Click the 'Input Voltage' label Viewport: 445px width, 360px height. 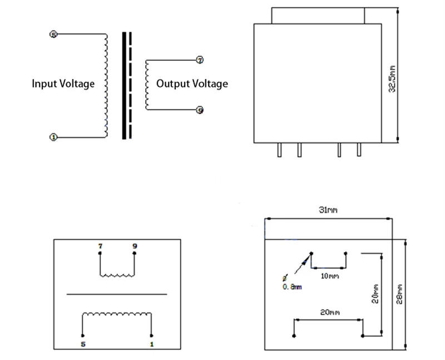click(x=63, y=84)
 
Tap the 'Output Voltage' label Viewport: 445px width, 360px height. click(x=192, y=84)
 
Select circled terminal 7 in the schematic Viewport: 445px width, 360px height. click(x=200, y=60)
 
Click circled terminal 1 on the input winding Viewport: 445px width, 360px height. click(x=53, y=137)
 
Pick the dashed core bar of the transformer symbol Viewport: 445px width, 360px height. click(x=131, y=85)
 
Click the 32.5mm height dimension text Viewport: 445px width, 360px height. click(x=392, y=79)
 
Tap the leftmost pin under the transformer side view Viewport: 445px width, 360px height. click(x=279, y=150)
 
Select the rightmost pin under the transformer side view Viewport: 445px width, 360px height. click(x=359, y=150)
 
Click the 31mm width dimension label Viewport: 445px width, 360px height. click(x=328, y=210)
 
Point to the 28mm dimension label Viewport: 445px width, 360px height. click(x=399, y=294)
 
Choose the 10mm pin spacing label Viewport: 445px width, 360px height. click(x=329, y=276)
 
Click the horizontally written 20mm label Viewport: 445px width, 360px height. click(x=329, y=313)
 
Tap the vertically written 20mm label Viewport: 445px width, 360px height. click(x=375, y=294)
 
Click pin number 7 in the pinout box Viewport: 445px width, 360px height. click(x=100, y=246)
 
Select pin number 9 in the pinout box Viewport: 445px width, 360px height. click(x=134, y=246)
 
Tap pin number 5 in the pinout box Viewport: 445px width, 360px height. click(x=83, y=344)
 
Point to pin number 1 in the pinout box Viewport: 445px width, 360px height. click(x=152, y=344)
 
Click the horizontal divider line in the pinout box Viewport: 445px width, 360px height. click(x=117, y=294)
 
